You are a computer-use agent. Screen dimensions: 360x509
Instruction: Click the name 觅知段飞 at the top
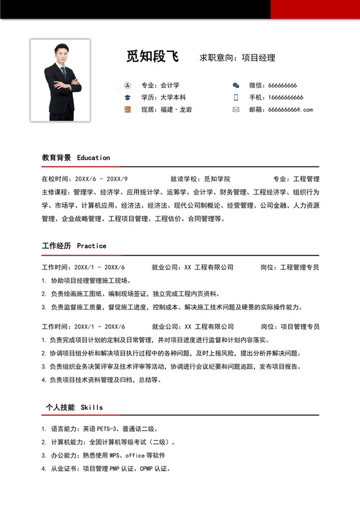tap(152, 57)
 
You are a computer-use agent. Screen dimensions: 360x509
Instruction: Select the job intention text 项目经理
tap(258, 58)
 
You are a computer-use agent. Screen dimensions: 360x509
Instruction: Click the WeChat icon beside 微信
tap(236, 85)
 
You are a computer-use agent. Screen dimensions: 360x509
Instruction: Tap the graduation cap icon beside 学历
tap(127, 97)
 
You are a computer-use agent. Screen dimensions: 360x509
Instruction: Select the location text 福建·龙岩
tap(175, 109)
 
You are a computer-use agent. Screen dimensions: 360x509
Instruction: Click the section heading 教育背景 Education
tap(76, 157)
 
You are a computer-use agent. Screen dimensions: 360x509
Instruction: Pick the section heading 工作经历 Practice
tap(74, 246)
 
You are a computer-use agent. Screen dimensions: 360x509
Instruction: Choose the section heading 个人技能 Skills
tap(74, 407)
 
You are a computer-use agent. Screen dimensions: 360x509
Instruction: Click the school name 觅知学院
tap(217, 179)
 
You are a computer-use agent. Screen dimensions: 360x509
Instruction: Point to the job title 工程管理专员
tap(300, 267)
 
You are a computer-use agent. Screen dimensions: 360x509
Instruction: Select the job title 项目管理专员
tap(300, 326)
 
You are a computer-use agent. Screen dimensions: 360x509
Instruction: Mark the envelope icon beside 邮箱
tap(236, 109)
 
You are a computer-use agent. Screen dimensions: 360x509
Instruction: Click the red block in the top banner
tap(315, 9)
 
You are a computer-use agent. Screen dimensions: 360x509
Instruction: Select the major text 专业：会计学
tap(160, 85)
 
